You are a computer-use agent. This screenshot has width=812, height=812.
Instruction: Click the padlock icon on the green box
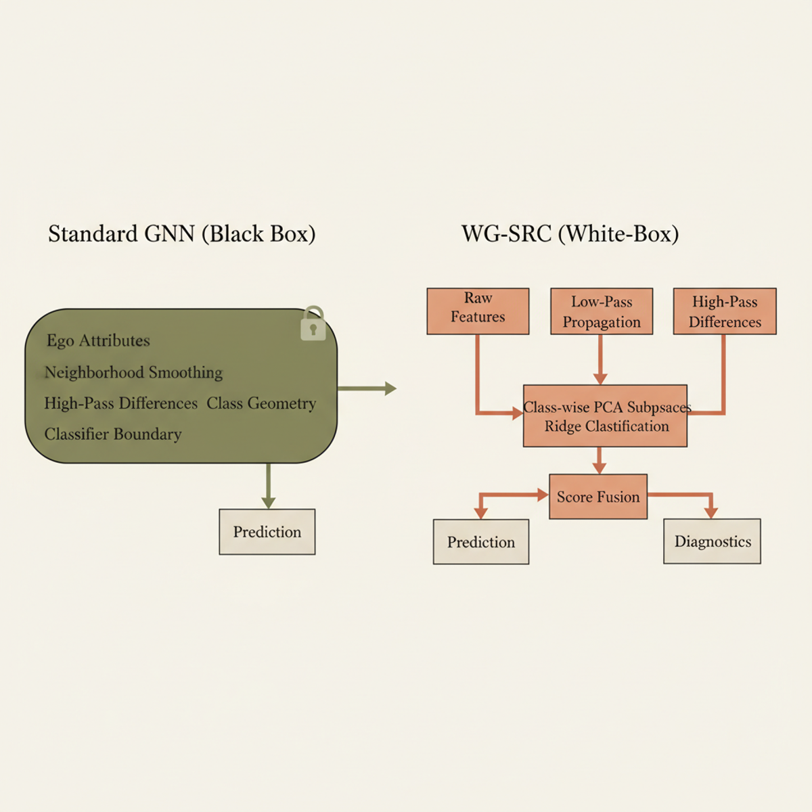pos(313,324)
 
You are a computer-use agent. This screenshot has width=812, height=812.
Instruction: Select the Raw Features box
pos(478,311)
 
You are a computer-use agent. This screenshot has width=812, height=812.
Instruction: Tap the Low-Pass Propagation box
pos(602,311)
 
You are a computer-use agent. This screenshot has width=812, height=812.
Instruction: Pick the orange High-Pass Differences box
pos(725,311)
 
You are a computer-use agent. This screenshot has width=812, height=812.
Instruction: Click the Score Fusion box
pos(598,497)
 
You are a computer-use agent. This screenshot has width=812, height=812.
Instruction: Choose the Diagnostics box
pos(712,541)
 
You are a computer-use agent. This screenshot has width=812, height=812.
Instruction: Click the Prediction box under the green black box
pos(267,532)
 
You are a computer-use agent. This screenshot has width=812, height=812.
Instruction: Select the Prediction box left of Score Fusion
pos(481,542)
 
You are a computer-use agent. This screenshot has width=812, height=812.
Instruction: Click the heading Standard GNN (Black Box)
pos(181,234)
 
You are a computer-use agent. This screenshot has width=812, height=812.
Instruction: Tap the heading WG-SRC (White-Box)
pos(570,234)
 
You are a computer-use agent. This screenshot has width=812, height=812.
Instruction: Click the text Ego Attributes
pos(98,340)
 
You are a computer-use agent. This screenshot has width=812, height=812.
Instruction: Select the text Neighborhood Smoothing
pos(133,372)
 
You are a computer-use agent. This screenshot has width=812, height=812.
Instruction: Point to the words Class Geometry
pos(261,403)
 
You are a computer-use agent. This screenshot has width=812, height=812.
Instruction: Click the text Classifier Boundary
pos(113,434)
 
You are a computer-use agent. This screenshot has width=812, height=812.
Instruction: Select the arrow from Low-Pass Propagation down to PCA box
pos(600,359)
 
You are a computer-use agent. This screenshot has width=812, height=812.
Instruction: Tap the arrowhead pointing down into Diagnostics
pos(710,512)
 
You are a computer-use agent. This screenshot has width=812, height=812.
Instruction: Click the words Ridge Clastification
pos(606,426)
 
